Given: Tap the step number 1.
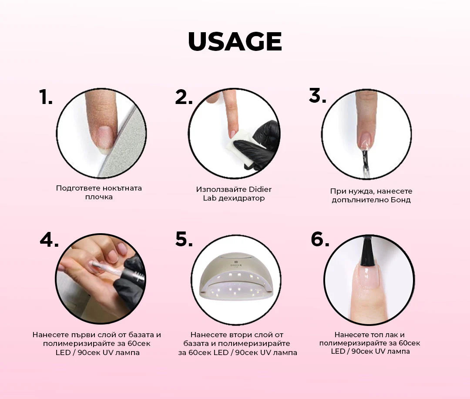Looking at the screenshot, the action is click(x=46, y=97).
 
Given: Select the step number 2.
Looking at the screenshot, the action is click(x=184, y=97).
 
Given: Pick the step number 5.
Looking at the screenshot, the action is click(x=184, y=239).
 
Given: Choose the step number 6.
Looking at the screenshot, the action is click(x=320, y=239).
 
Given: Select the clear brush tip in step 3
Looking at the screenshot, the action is click(x=365, y=162).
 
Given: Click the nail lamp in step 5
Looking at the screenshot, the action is click(x=236, y=276).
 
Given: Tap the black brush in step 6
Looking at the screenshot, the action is click(x=367, y=252).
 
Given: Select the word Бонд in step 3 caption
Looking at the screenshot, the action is click(x=400, y=200).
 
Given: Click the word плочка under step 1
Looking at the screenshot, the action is click(x=99, y=197).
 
